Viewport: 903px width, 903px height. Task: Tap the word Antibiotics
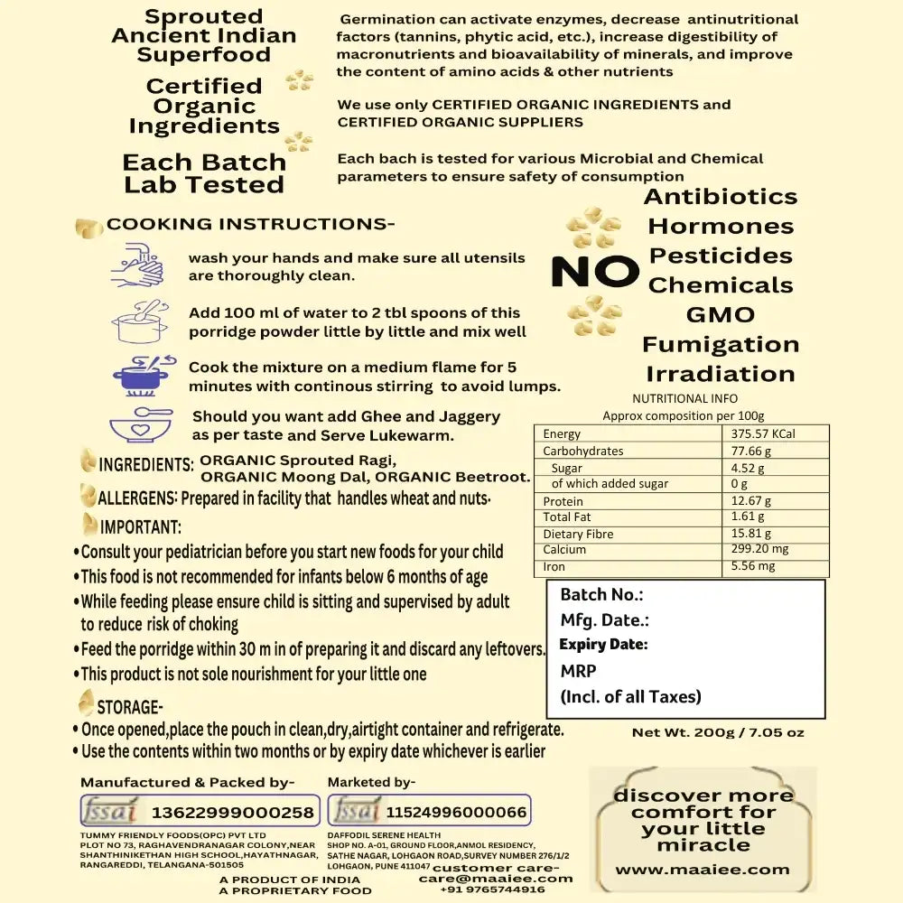tap(721, 197)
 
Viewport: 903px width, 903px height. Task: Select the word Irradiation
tap(721, 374)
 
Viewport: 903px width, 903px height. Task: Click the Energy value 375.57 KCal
tap(763, 434)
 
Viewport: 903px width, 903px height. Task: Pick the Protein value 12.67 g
tap(751, 501)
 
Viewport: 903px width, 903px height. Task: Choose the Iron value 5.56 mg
tap(753, 566)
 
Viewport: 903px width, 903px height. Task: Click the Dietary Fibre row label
tap(578, 534)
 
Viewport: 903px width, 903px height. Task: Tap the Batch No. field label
tap(601, 594)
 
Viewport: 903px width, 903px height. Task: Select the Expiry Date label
tap(603, 645)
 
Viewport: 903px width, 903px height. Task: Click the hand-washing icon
tap(137, 266)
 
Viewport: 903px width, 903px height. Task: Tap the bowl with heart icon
tap(139, 424)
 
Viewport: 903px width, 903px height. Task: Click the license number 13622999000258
tap(233, 812)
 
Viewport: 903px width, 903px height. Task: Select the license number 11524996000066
tap(456, 812)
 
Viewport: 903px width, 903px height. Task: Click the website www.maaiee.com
tap(703, 870)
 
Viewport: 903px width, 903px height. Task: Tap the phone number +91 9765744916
tap(492, 889)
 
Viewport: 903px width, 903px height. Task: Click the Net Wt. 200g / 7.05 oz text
tap(718, 732)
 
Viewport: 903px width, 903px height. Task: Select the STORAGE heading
tap(129, 706)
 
